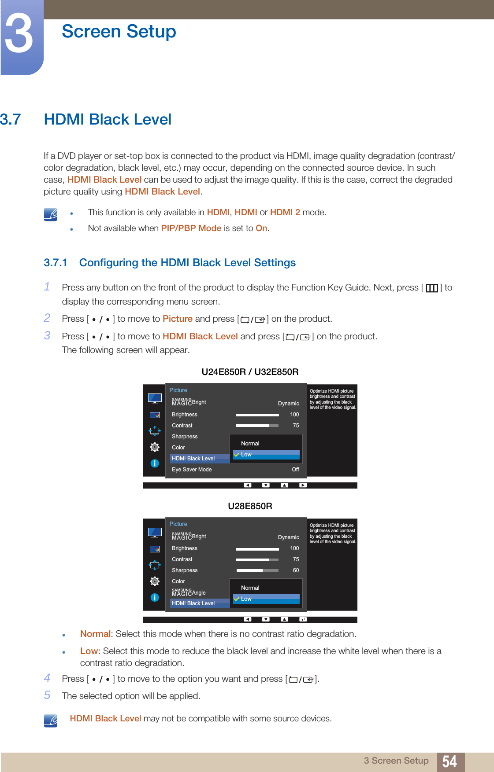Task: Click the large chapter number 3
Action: coord(19,34)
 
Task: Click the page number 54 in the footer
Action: coord(449,761)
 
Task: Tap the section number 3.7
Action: coord(11,120)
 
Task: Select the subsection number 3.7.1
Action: coord(55,263)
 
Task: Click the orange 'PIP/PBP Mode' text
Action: coord(191,228)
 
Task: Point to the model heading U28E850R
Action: coord(250,506)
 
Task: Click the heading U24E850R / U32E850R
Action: coord(250,372)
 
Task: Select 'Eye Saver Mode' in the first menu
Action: coord(192,470)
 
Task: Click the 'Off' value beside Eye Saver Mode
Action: coord(295,470)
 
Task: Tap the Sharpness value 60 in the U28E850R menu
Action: coord(296,570)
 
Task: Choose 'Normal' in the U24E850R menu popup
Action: coord(250,444)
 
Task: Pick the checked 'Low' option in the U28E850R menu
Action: coord(246,599)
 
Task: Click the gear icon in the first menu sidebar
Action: coord(155,447)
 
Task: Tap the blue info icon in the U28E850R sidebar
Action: coord(155,597)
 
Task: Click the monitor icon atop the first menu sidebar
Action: coord(155,398)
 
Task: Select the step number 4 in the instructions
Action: coord(47,678)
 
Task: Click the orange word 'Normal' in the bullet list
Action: coord(95,634)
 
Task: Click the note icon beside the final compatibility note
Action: coord(51,721)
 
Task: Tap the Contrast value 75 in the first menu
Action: coord(296,426)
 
